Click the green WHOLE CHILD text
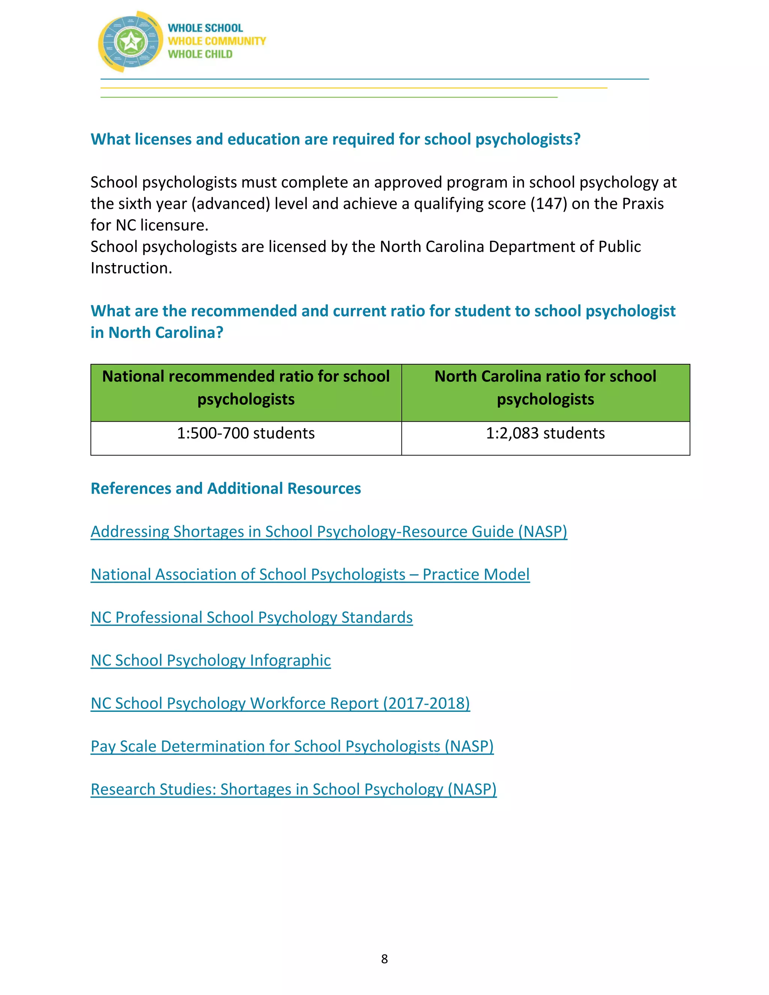200,54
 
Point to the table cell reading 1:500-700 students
246,433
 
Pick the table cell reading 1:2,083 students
545,433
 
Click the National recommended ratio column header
246,388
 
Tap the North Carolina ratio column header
545,388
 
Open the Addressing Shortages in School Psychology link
329,532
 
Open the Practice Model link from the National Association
310,574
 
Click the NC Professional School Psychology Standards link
252,617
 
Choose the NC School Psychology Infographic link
211,660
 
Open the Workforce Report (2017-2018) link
280,703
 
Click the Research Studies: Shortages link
293,790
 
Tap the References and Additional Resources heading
226,488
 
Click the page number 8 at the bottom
384,959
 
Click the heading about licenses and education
335,139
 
